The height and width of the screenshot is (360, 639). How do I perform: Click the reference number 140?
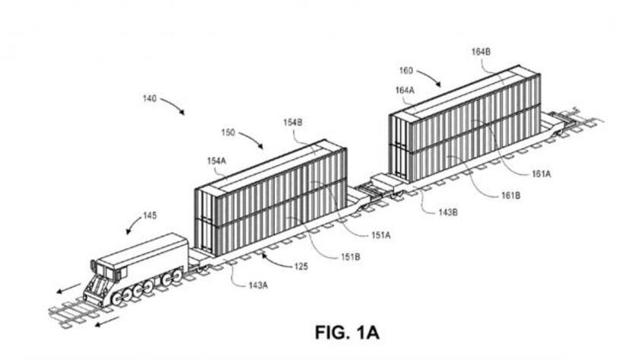tap(149, 98)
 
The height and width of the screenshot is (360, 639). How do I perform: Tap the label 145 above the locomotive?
tap(150, 215)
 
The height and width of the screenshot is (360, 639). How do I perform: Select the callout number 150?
tap(228, 132)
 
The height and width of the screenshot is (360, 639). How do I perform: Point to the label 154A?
tap(216, 161)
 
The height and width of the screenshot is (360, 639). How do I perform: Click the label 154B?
tap(293, 123)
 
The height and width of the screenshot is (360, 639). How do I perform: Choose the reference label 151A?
tap(380, 235)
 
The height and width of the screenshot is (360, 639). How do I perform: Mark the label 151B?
tap(351, 257)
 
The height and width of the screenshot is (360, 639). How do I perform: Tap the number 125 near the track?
tap(301, 266)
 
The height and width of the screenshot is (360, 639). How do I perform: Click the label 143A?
tap(258, 285)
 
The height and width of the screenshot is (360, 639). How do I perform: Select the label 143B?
tap(447, 212)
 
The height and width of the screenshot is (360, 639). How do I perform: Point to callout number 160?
tap(406, 71)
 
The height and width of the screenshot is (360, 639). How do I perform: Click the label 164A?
tap(405, 91)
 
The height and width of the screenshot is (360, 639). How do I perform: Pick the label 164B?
tap(481, 52)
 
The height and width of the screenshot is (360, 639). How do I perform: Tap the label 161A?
tap(541, 174)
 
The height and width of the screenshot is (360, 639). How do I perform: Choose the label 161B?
tap(510, 196)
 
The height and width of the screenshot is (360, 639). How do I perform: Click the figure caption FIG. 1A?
tap(347, 333)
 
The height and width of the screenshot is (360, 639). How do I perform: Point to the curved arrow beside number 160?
tap(430, 76)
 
